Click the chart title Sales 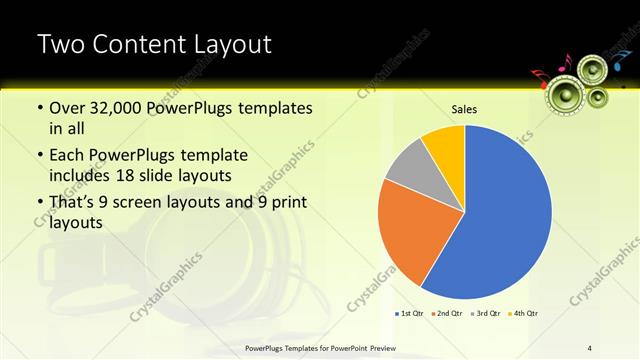[464, 109]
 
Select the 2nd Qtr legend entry [447, 313]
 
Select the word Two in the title [60, 44]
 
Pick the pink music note [565, 62]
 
